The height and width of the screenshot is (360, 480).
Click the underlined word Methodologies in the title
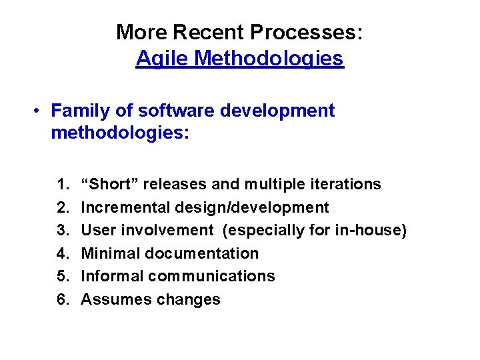pos(269,59)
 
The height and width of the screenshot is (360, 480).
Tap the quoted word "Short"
pos(109,184)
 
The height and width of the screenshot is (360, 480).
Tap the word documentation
pos(202,253)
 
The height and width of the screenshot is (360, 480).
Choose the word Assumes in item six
pos(116,299)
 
